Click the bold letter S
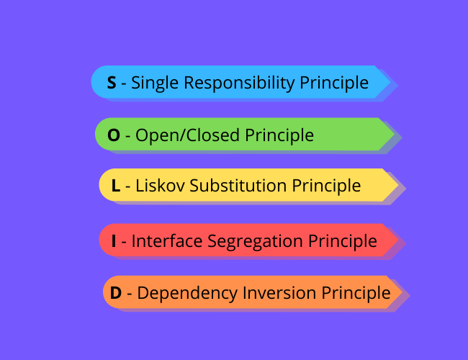(112, 83)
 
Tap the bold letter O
(114, 135)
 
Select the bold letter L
(116, 186)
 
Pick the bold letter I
(114, 241)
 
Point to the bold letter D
(115, 293)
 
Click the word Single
(154, 83)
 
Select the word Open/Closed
(189, 135)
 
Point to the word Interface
(167, 241)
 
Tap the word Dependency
(179, 293)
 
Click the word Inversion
(271, 293)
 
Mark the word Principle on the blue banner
(333, 83)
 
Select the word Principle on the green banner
(279, 135)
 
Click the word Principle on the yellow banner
(326, 186)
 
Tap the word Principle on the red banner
(343, 241)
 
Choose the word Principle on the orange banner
(356, 293)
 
